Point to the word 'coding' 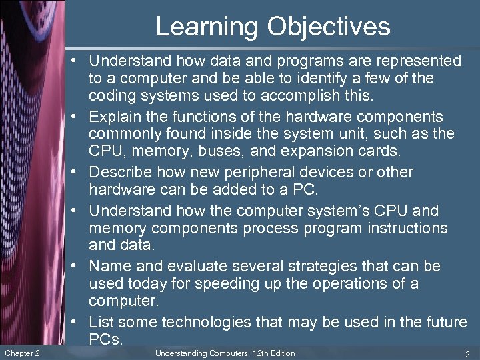111,96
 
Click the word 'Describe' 121,172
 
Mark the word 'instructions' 408,228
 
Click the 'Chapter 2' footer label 21,353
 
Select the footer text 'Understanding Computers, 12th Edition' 225,353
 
